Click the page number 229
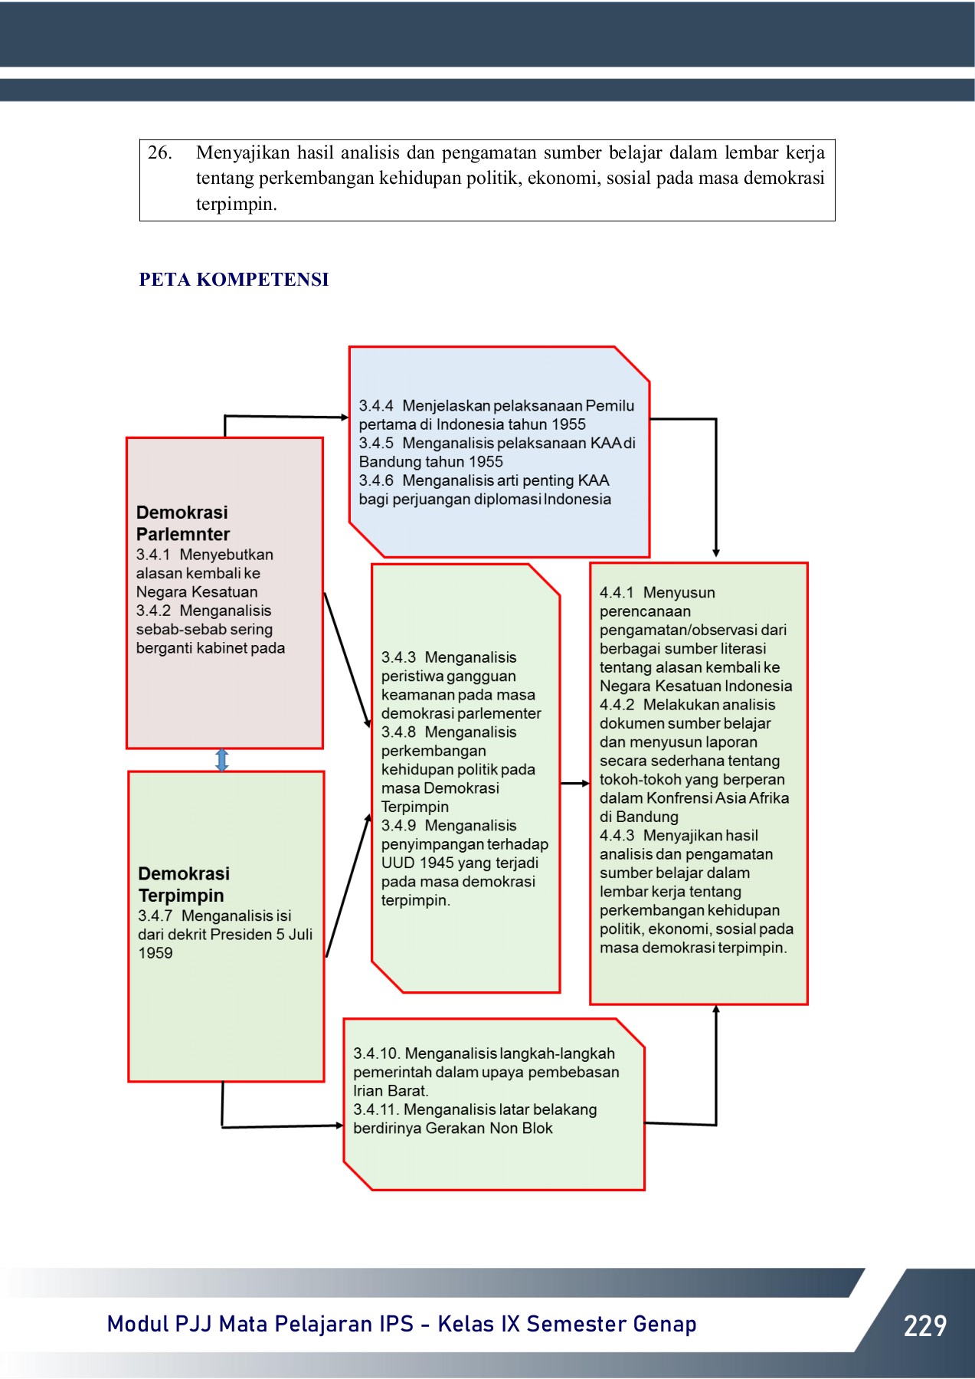(924, 1325)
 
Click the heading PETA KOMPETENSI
(234, 280)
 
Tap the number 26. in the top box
(159, 152)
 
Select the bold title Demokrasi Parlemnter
(183, 523)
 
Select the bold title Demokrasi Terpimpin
(184, 885)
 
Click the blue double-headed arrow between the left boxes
(222, 760)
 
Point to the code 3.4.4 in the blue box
(376, 406)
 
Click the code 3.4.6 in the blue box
(376, 481)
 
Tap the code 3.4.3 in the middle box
(398, 658)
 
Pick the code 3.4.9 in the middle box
(398, 826)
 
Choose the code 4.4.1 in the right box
(617, 593)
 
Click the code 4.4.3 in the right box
(617, 836)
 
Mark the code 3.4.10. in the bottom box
(376, 1054)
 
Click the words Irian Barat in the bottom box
(390, 1091)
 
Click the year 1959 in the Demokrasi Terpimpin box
(155, 954)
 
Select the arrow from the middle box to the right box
(574, 784)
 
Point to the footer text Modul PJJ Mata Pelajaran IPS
(260, 1325)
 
